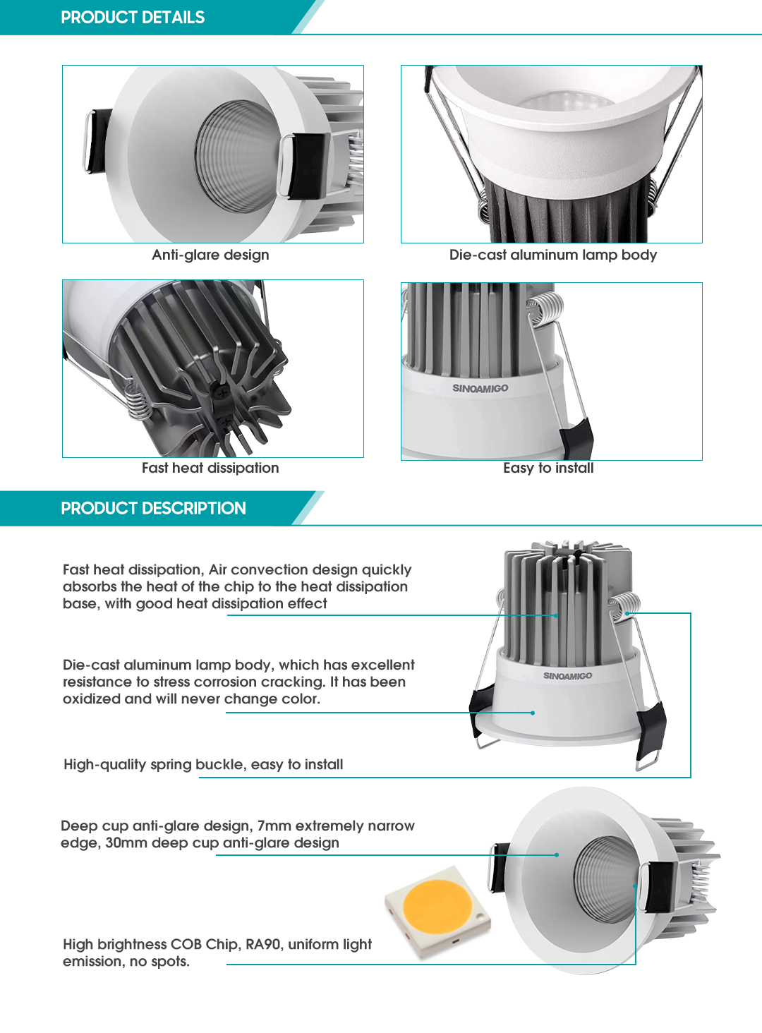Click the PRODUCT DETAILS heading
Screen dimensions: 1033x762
pyautogui.click(x=133, y=18)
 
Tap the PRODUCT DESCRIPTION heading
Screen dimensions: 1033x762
pyautogui.click(x=153, y=509)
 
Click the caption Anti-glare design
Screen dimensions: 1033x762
pyautogui.click(x=210, y=255)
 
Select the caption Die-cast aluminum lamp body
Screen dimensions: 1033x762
pyautogui.click(x=552, y=255)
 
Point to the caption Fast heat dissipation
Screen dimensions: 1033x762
pyautogui.click(x=210, y=468)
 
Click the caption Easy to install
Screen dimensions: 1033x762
pyautogui.click(x=548, y=468)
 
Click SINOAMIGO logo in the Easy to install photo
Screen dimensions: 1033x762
pyautogui.click(x=480, y=388)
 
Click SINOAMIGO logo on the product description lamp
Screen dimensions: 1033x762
pyautogui.click(x=567, y=676)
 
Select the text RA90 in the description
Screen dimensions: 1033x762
pyautogui.click(x=262, y=944)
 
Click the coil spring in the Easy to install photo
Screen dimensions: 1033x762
pyautogui.click(x=545, y=308)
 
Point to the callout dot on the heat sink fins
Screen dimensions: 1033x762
pyautogui.click(x=556, y=615)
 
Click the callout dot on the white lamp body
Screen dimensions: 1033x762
pyautogui.click(x=533, y=713)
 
